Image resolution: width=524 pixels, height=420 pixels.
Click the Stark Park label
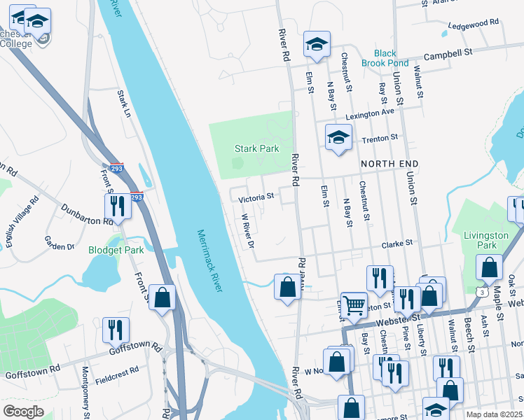[x=256, y=148]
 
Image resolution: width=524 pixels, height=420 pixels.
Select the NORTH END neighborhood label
[x=389, y=164]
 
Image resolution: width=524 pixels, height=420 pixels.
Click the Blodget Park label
[x=115, y=250]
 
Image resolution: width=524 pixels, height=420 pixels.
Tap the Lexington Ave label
[x=369, y=113]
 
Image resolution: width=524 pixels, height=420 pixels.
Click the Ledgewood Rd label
[x=473, y=22]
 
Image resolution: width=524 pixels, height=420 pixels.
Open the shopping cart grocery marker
[x=354, y=305]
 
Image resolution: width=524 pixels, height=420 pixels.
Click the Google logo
[x=23, y=412]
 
